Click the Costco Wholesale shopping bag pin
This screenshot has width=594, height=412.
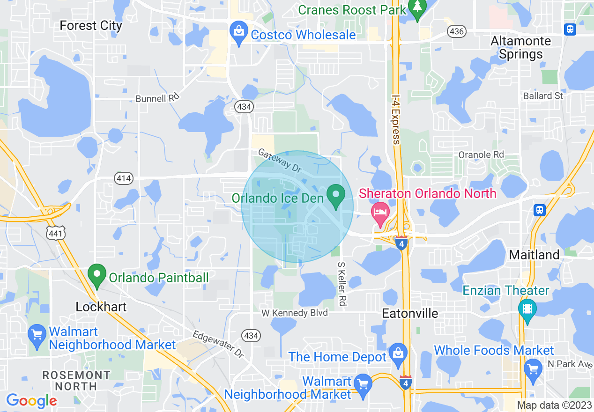tap(239, 33)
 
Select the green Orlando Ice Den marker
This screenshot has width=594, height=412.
tap(336, 196)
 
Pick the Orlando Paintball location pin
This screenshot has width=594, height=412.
tap(97, 275)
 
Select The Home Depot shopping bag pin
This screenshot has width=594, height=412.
tap(398, 354)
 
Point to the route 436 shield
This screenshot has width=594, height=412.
tap(456, 31)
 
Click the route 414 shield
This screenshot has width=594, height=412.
tap(124, 178)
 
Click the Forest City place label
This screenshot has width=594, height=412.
tap(91, 25)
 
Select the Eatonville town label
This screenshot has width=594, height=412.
tap(410, 313)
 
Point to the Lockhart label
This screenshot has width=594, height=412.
tap(101, 307)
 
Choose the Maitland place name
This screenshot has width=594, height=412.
tap(534, 255)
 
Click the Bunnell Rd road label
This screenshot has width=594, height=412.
tap(157, 99)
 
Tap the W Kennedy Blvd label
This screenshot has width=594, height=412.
tap(294, 312)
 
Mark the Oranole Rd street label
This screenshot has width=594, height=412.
tap(481, 154)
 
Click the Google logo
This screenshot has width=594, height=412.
tap(31, 401)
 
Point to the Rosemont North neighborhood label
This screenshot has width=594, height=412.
tap(76, 381)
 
